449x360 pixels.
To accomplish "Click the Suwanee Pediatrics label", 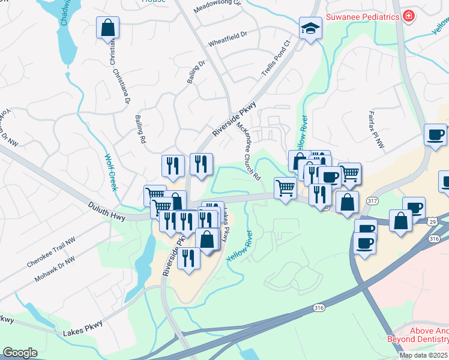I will coord(363,17).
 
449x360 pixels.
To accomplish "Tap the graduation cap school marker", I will coord(310,28).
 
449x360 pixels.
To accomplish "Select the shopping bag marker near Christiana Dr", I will coord(107,28).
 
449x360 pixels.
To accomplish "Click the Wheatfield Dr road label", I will coord(228,43).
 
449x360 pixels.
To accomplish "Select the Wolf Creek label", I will coord(110,173).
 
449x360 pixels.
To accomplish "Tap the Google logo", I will coord(20,353).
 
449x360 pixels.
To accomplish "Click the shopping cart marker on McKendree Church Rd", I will coord(285,188).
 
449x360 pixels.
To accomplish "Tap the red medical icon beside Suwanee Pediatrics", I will coord(409,16).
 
